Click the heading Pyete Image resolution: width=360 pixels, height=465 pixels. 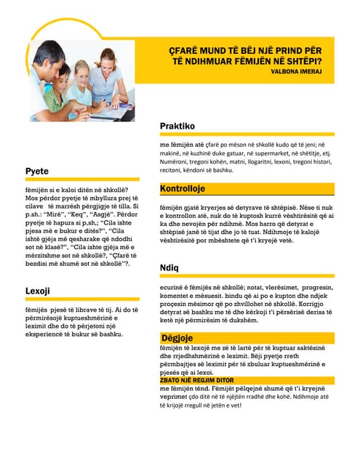pos(37,171)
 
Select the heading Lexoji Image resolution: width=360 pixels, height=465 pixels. pos(37,291)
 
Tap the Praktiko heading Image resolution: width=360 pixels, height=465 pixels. pos(177,126)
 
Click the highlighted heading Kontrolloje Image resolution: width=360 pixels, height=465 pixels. pos(183,189)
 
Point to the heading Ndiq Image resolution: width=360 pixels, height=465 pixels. pos(169,268)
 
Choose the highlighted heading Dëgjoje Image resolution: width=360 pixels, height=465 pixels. pos(178,338)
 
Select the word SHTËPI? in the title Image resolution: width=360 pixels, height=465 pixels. pos(302,60)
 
